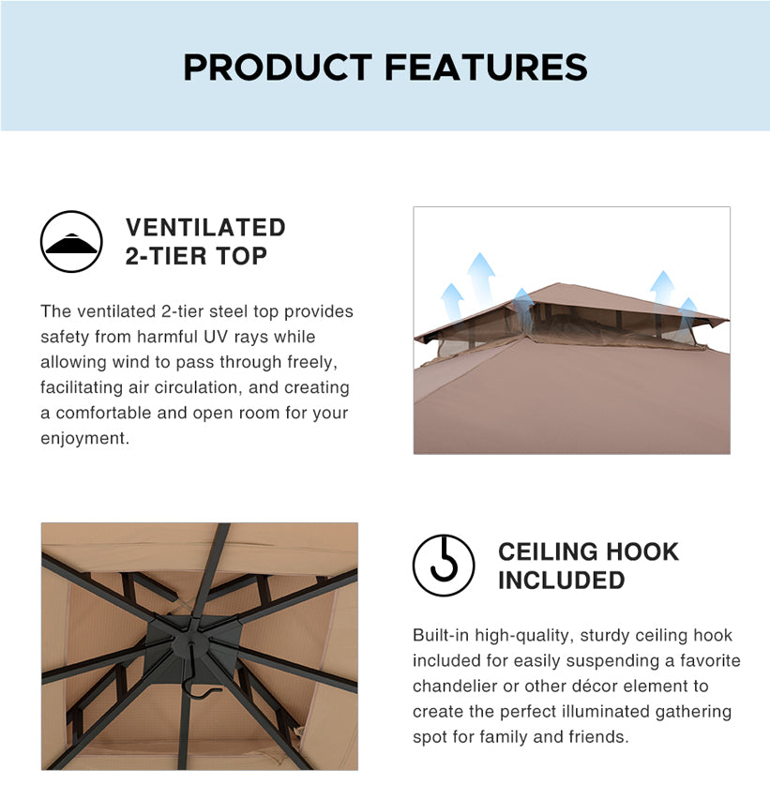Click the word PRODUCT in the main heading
pos(278,68)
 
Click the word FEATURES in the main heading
pos(486,68)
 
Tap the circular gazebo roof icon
pos(71,241)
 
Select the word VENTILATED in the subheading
pos(205,228)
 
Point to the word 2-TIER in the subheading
pos(163,256)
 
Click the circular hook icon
pos(444,566)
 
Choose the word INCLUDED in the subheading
pos(561,581)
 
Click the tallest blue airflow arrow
pos(481,278)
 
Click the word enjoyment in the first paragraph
pos(83,439)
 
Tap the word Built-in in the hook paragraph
pos(441,635)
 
